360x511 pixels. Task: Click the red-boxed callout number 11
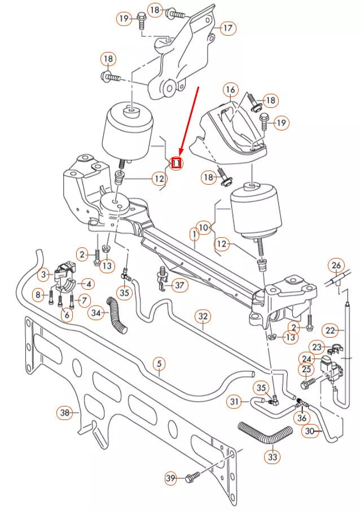177,163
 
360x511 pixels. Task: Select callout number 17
227,28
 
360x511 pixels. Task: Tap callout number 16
230,90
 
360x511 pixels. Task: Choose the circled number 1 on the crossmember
194,233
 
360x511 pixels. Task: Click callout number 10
204,228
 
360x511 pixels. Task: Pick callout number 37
180,286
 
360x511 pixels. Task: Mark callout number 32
203,318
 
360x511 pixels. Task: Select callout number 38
65,413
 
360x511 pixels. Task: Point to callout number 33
273,456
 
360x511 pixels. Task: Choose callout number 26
336,265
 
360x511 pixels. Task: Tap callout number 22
330,329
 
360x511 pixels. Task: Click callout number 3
44,275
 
